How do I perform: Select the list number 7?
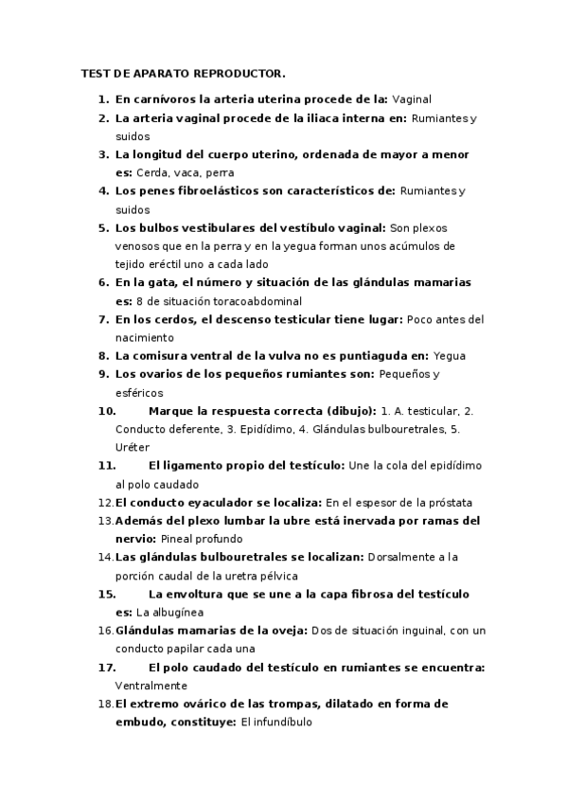(x=104, y=319)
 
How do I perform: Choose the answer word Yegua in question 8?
(x=450, y=356)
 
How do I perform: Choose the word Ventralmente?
(x=151, y=686)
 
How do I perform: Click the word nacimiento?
(x=145, y=337)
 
